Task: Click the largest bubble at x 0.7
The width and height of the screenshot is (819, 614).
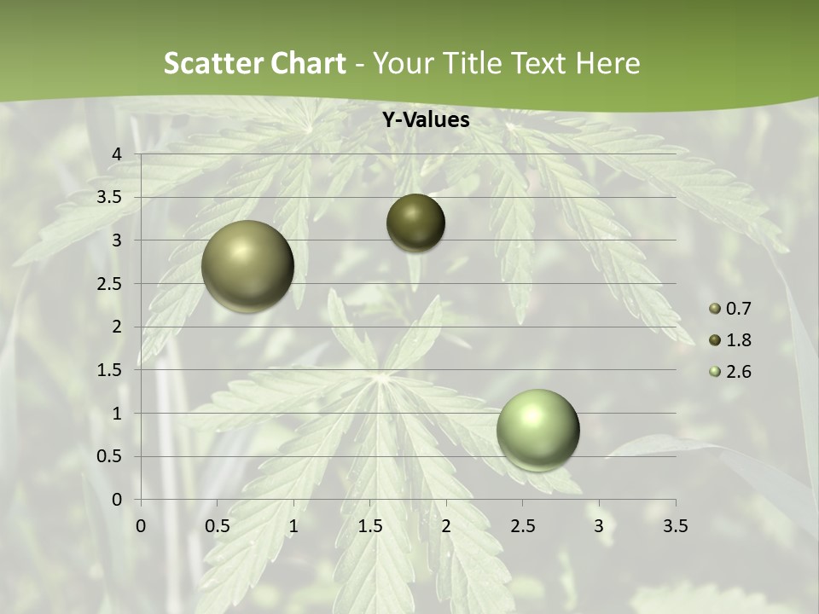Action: click(x=248, y=266)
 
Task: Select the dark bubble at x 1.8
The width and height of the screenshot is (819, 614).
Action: click(x=415, y=223)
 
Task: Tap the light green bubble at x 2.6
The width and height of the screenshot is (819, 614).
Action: click(x=537, y=430)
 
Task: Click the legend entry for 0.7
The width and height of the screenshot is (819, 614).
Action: click(x=730, y=309)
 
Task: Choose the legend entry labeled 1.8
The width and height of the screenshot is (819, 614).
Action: click(x=730, y=340)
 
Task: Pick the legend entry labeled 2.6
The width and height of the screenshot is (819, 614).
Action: click(x=730, y=372)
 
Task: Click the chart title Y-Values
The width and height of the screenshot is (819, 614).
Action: click(x=426, y=120)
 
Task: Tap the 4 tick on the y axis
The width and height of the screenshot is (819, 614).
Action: click(x=118, y=154)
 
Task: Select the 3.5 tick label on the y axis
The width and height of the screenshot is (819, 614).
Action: click(x=111, y=198)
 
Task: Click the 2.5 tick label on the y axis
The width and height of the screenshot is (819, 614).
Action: click(x=111, y=284)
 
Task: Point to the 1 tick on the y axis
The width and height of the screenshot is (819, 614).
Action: click(x=118, y=414)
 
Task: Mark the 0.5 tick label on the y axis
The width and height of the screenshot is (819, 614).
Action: click(x=111, y=457)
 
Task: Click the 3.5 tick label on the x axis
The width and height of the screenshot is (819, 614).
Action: click(x=675, y=526)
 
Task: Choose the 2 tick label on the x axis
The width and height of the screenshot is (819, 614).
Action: click(x=446, y=526)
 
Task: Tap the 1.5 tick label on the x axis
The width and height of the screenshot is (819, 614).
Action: click(x=370, y=526)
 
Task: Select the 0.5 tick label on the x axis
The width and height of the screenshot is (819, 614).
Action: click(x=218, y=526)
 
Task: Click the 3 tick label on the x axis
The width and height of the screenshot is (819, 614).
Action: click(x=599, y=526)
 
